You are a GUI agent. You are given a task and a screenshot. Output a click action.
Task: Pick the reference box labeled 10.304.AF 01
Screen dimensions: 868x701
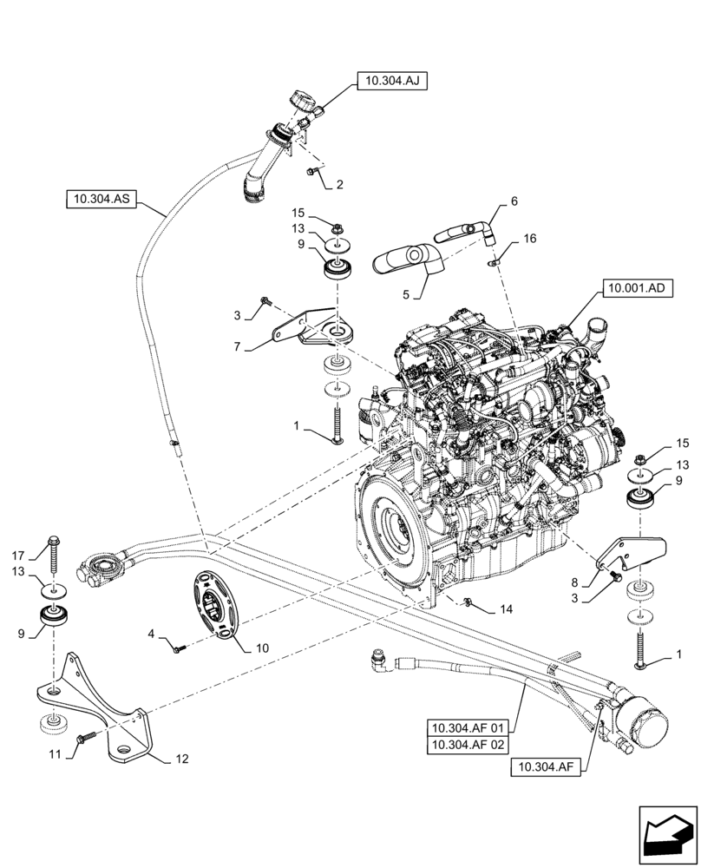pyautogui.click(x=470, y=726)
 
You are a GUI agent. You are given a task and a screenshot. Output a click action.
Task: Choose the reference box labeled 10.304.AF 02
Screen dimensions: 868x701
pyautogui.click(x=470, y=745)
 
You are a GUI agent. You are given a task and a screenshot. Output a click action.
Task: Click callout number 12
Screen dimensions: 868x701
pyautogui.click(x=181, y=759)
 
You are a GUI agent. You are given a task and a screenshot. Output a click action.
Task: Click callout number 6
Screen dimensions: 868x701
pyautogui.click(x=514, y=201)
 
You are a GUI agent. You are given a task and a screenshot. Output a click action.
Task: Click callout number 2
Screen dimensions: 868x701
pyautogui.click(x=340, y=184)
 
